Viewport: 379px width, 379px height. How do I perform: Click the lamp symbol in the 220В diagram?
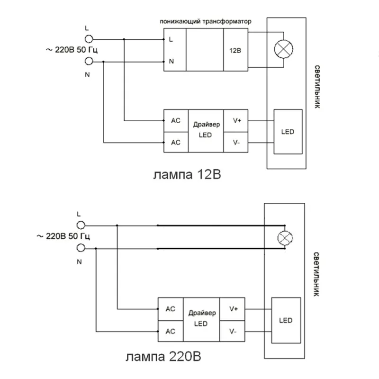click(x=285, y=236)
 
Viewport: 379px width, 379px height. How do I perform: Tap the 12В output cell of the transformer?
click(x=235, y=50)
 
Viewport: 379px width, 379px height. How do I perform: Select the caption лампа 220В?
click(x=166, y=356)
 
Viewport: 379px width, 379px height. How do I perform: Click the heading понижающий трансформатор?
click(x=205, y=22)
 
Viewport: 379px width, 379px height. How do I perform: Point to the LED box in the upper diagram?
click(x=288, y=132)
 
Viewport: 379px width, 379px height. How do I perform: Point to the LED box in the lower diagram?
click(x=286, y=321)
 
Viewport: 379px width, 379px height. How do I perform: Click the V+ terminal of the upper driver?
click(x=237, y=121)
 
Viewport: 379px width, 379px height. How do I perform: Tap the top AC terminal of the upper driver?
click(x=176, y=121)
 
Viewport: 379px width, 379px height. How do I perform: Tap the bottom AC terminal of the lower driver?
click(x=171, y=331)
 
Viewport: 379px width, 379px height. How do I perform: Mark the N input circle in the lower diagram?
click(x=81, y=247)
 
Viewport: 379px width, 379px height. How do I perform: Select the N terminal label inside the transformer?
click(x=171, y=61)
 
